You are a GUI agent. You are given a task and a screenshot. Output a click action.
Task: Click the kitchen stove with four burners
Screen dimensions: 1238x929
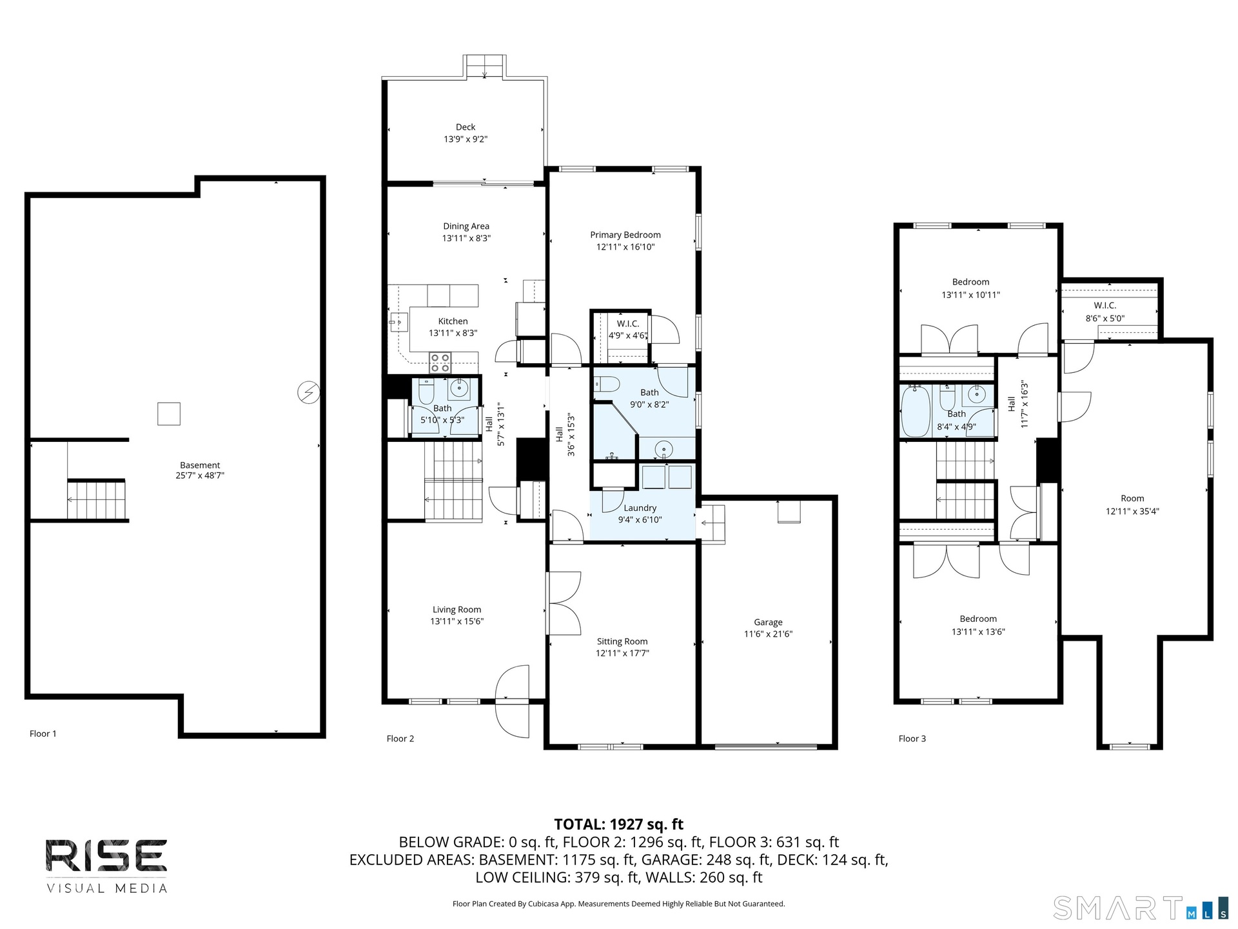point(440,363)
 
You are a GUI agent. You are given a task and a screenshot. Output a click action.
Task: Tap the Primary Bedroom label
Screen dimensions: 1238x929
point(625,235)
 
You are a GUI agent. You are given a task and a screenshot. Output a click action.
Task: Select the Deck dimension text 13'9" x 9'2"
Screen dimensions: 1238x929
point(466,139)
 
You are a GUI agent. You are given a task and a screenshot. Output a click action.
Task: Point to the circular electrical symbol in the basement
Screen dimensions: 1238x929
point(308,392)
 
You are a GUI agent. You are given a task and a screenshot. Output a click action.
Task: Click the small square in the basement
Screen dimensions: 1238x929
point(169,414)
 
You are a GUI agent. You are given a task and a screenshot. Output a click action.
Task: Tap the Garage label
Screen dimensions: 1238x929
point(768,623)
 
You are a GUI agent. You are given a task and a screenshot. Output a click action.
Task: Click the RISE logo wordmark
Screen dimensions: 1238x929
point(106,855)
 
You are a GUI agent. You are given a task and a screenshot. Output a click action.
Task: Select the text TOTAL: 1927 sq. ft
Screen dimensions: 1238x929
point(619,824)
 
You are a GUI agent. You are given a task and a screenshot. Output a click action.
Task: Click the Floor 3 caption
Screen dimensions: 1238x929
point(912,739)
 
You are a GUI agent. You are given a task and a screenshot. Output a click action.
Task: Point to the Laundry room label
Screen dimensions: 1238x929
point(640,508)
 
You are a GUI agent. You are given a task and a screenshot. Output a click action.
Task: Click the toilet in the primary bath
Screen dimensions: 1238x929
point(606,385)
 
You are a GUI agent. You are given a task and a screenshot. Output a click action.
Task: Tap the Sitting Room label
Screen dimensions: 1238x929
point(622,642)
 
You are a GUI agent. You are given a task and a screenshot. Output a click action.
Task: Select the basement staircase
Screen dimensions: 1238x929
point(97,500)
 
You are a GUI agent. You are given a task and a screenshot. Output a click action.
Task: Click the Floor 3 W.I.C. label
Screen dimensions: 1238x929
point(1105,306)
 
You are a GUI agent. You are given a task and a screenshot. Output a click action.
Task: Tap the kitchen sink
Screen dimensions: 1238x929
point(399,321)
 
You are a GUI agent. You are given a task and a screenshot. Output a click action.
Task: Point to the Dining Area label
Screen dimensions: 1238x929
point(466,226)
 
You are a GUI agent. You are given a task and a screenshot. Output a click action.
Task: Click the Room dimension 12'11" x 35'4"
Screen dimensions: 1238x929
point(1133,512)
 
